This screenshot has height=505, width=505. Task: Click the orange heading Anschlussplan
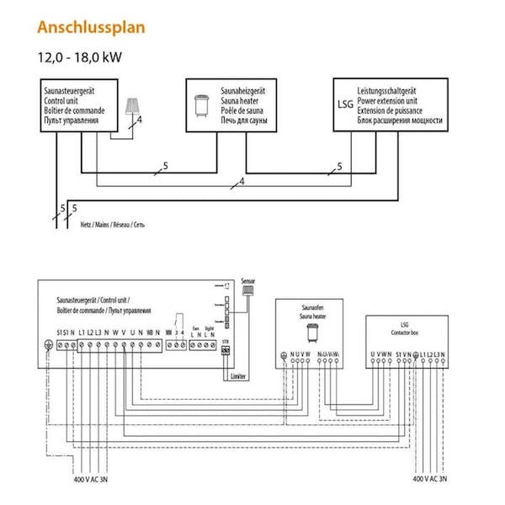coord(91,27)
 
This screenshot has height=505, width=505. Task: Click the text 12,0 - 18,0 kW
coord(76,58)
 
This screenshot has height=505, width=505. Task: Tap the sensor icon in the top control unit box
coord(131,108)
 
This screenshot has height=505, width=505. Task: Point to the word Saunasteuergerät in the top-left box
coord(72,89)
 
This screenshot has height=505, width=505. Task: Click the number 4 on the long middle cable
coord(242,181)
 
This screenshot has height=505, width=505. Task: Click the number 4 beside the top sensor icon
coord(140,121)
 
